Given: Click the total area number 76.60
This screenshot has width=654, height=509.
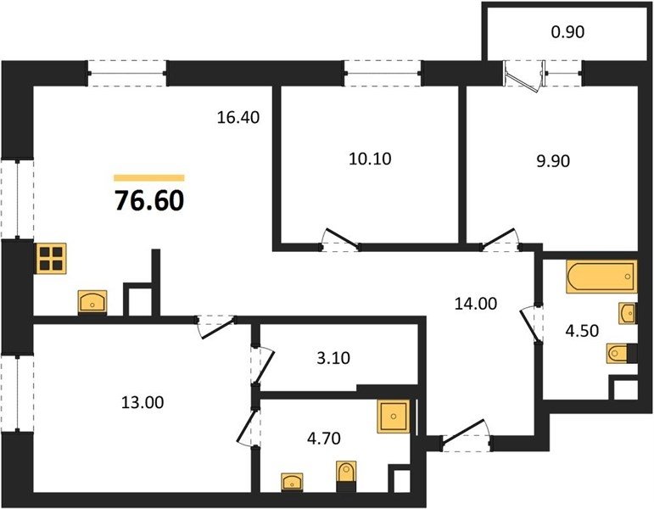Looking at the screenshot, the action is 149,201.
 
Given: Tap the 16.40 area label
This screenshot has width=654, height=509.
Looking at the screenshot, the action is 238,118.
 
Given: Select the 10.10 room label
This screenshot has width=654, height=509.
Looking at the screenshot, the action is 370,159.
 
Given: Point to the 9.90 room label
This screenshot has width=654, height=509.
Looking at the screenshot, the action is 553,160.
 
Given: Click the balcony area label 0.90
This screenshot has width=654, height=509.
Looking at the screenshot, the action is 567,31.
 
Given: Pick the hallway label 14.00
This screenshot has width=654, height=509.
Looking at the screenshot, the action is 476,304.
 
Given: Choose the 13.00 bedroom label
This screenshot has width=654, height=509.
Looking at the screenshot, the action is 143,403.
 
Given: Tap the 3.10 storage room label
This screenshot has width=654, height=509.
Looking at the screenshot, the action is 333,358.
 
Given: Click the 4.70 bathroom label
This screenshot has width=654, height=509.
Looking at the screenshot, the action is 324,439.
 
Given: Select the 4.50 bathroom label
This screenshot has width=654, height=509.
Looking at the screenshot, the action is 582,331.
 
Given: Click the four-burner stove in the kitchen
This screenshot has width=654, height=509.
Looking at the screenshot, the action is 51,259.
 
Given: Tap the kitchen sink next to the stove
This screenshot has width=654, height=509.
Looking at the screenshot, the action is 92,302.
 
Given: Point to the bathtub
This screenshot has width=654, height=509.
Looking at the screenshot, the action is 601,277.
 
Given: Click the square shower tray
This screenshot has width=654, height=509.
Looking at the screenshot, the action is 394,417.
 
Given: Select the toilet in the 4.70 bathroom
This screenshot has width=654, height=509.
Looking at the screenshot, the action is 346,476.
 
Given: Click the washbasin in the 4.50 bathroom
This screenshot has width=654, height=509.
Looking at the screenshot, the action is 628,313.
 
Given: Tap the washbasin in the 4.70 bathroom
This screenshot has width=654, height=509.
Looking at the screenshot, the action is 292,483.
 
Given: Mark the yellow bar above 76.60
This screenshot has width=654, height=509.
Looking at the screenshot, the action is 149,178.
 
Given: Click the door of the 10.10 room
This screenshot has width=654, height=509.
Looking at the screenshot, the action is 341,239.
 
